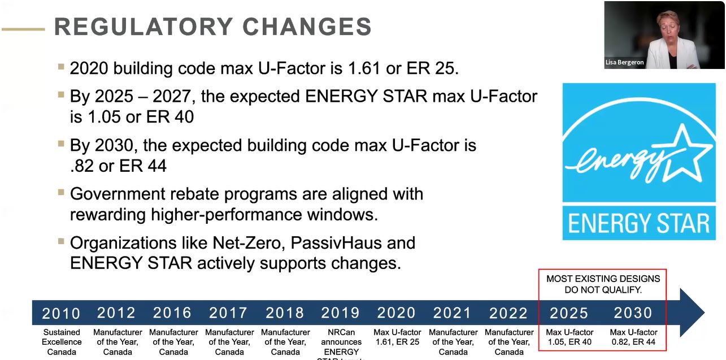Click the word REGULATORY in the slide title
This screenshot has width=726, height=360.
point(144,27)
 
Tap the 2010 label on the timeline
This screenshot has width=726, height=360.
point(62,313)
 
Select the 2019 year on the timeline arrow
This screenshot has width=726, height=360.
point(340,313)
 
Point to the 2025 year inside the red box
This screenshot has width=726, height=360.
point(569,313)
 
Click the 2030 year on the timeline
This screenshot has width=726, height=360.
point(633,313)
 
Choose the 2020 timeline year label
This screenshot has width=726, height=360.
point(396,313)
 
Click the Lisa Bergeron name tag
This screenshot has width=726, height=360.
point(625,63)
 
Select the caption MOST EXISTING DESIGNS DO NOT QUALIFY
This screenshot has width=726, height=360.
point(603,284)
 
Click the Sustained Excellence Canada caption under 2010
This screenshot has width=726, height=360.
point(62,342)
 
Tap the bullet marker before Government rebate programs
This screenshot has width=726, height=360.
point(61,192)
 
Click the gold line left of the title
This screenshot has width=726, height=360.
point(23,28)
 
